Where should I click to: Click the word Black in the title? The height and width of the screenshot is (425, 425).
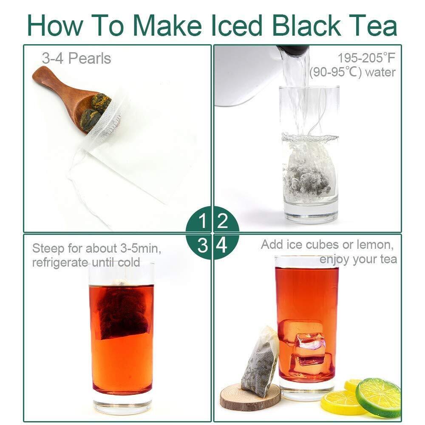click(x=306, y=25)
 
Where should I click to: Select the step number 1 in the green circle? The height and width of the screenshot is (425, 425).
click(x=202, y=221)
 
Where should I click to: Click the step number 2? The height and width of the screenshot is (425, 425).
click(x=223, y=221)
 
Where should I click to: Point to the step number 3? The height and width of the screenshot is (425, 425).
click(x=202, y=245)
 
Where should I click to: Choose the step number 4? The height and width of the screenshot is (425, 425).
click(x=222, y=245)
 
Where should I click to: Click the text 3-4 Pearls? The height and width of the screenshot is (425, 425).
click(x=76, y=58)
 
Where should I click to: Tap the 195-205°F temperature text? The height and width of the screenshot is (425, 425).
click(x=366, y=58)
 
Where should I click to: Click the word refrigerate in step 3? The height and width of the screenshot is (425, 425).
click(x=60, y=262)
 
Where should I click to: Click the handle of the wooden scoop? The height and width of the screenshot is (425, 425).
click(x=54, y=82)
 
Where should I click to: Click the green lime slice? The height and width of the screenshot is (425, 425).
click(x=378, y=397)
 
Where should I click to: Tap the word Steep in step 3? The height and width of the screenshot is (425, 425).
click(x=48, y=248)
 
